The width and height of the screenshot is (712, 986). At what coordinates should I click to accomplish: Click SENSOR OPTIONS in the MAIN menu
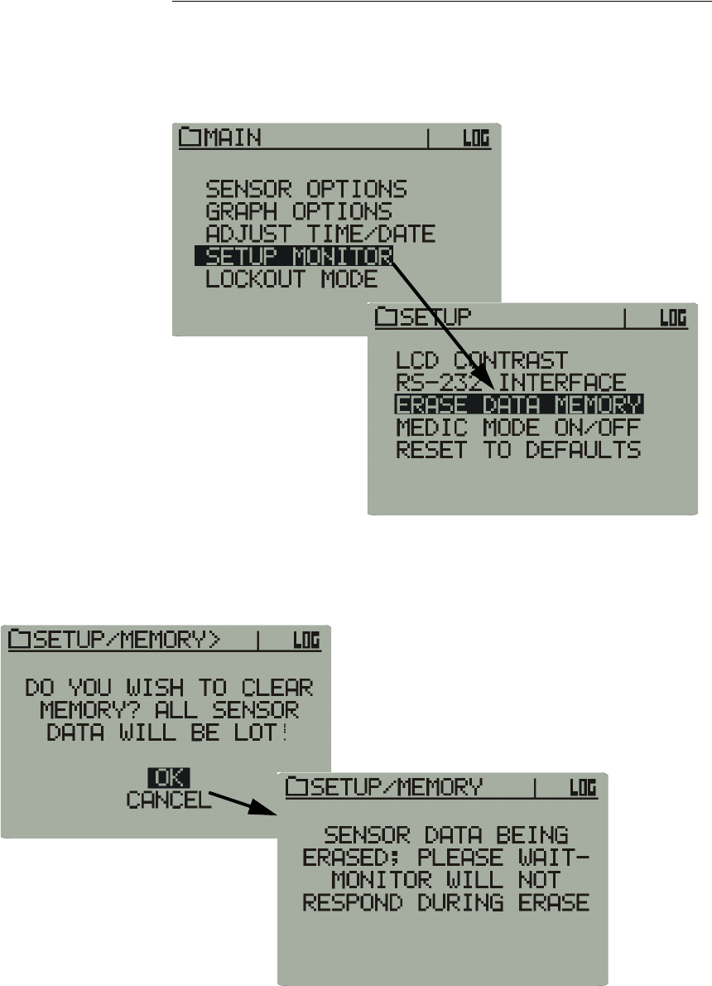pos(306,190)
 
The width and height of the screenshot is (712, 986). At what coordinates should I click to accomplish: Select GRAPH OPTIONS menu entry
pos(299,212)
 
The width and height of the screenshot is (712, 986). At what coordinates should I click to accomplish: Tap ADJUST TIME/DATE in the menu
pos(320,234)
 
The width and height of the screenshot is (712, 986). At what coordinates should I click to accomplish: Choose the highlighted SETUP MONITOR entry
pos(294,256)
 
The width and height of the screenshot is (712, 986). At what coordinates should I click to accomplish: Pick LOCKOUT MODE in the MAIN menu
pos(291,278)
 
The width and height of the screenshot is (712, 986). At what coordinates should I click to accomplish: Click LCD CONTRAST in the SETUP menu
pos(482,360)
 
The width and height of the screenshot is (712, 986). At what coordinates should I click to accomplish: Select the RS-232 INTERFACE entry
pos(511,383)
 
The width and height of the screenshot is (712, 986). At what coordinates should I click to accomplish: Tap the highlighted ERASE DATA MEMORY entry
pos(519,405)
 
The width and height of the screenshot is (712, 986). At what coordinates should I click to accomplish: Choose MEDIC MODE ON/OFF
pos(518,428)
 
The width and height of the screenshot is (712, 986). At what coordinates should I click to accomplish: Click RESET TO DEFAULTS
pos(518,450)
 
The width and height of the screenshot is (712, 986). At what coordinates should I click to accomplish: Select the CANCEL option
pos(169,800)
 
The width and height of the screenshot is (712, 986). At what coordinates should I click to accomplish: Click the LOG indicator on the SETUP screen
pos(673,317)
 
